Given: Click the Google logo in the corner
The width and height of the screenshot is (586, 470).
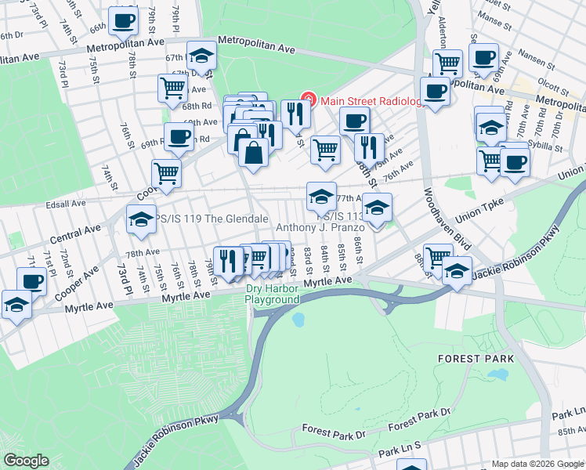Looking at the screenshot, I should pyautogui.click(x=26, y=461).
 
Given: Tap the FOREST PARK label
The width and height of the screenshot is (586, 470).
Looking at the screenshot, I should pyautogui.click(x=476, y=359).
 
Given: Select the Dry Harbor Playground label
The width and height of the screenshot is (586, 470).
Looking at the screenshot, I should pyautogui.click(x=273, y=294).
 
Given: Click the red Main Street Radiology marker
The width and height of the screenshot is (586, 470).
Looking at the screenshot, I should pyautogui.click(x=309, y=99).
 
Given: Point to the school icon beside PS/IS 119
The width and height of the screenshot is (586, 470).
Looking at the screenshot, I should pyautogui.click(x=141, y=220).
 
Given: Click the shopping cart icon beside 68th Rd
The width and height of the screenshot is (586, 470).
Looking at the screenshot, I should pyautogui.click(x=172, y=88).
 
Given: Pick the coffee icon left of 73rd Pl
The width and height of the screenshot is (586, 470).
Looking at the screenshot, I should pyautogui.click(x=32, y=280).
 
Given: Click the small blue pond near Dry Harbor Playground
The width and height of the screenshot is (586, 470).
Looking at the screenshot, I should pyautogui.click(x=298, y=320).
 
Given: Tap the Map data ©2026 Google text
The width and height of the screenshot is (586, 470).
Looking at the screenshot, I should pyautogui.click(x=537, y=464).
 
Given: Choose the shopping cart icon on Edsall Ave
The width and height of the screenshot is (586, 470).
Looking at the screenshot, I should pyautogui.click(x=166, y=174).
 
